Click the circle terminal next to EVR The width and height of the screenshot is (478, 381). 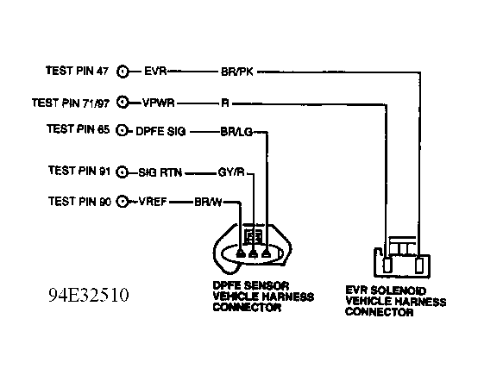click(x=125, y=72)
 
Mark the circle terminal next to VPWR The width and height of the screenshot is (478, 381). click(x=125, y=102)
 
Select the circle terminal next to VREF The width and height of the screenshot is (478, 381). click(x=125, y=203)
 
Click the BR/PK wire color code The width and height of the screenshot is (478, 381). click(x=236, y=72)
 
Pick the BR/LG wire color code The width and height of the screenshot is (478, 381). click(x=236, y=132)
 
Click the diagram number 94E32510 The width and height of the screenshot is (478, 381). click(x=89, y=295)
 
